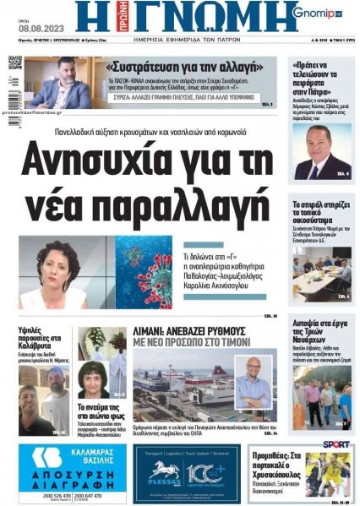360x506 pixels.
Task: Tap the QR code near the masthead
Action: pyautogui.click(x=15, y=63)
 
